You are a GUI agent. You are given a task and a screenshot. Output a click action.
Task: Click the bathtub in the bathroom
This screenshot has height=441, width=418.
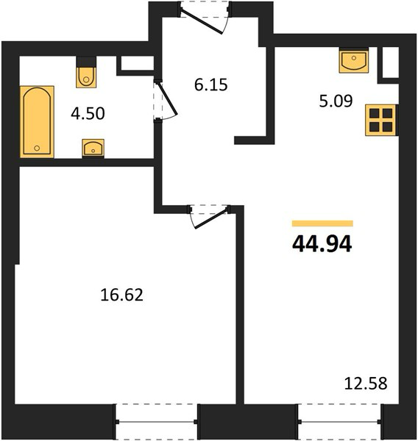[x=37, y=121]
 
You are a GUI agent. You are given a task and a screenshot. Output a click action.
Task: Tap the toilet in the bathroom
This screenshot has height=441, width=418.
[x=86, y=77]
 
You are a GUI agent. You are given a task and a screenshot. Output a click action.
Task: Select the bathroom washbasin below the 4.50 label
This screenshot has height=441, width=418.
[x=93, y=148]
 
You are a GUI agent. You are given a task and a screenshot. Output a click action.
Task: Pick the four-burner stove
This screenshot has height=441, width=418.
[x=380, y=120]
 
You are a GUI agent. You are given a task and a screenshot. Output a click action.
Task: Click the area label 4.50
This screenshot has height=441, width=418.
[x=88, y=114]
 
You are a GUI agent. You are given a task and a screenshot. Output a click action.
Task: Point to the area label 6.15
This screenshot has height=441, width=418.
[x=210, y=85]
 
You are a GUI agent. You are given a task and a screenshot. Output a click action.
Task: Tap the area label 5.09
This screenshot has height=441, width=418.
[x=336, y=101]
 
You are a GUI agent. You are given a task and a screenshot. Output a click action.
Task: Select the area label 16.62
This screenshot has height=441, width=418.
[x=121, y=295]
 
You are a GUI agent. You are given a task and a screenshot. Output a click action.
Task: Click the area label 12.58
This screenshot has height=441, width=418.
[x=366, y=384]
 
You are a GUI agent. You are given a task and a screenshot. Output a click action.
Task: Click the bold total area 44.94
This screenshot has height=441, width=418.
[x=322, y=243]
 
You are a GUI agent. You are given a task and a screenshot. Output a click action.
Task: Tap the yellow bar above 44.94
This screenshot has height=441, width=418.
[x=322, y=223]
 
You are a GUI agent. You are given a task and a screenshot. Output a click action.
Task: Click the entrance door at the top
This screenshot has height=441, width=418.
[x=204, y=21]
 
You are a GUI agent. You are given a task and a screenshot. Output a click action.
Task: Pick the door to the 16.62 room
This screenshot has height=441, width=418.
[x=210, y=218]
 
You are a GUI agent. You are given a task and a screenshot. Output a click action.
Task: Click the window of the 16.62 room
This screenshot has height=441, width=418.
[x=157, y=422]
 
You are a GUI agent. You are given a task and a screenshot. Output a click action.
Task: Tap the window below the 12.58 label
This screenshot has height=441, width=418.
[x=341, y=422]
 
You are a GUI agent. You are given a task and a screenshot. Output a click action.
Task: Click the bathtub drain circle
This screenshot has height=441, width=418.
[x=37, y=148]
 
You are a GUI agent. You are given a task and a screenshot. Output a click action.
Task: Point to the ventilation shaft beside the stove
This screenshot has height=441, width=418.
[x=390, y=62]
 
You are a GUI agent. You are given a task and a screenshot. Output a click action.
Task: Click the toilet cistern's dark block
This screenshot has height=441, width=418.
[x=86, y=62]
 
